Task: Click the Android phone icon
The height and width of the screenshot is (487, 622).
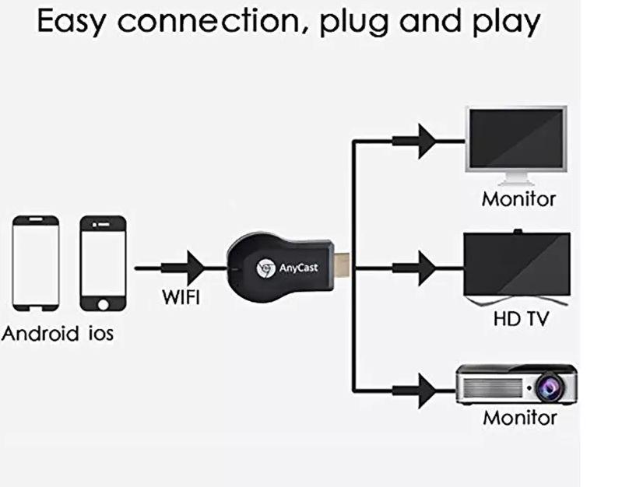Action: click(36, 264)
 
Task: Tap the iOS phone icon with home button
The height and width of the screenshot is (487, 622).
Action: click(103, 264)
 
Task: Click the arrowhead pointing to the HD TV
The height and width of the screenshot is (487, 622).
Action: click(424, 268)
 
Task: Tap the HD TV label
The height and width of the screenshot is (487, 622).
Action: click(518, 319)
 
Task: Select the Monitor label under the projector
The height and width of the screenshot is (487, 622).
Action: click(520, 418)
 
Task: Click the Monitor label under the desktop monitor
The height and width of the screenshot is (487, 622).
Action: click(518, 198)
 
